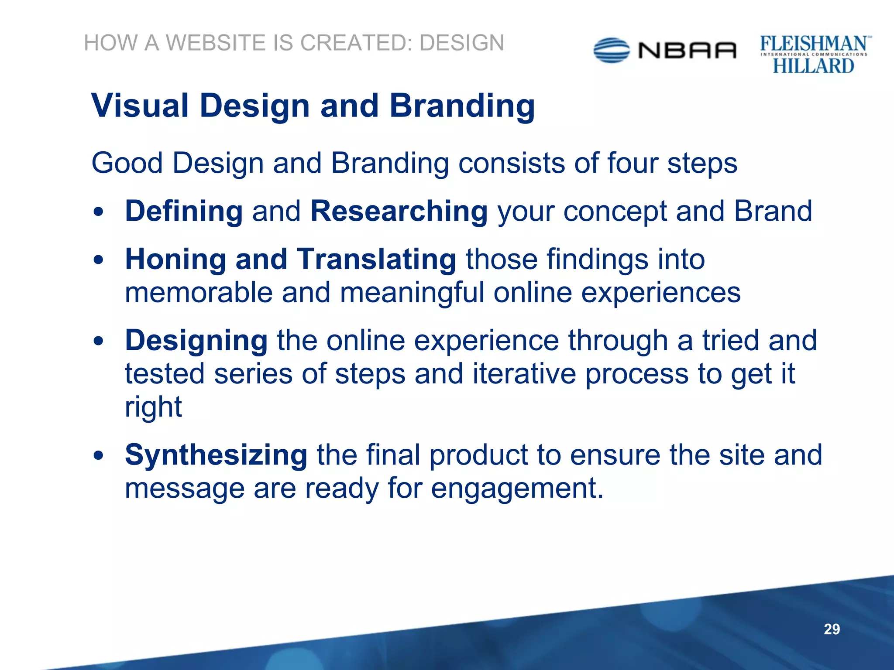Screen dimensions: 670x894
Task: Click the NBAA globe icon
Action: [612, 51]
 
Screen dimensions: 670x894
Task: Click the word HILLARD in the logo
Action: [813, 66]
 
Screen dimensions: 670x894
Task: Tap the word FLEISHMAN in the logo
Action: [813, 44]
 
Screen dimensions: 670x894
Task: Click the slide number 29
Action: [832, 629]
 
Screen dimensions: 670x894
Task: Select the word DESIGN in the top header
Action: [462, 43]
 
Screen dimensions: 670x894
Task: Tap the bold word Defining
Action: [184, 211]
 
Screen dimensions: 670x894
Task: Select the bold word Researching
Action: [399, 211]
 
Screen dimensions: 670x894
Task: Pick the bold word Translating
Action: [376, 259]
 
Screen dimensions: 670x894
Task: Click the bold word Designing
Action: [196, 341]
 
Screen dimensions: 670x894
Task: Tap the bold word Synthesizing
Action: [216, 455]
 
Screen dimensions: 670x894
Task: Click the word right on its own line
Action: [153, 407]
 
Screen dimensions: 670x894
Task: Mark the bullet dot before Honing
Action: [99, 260]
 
